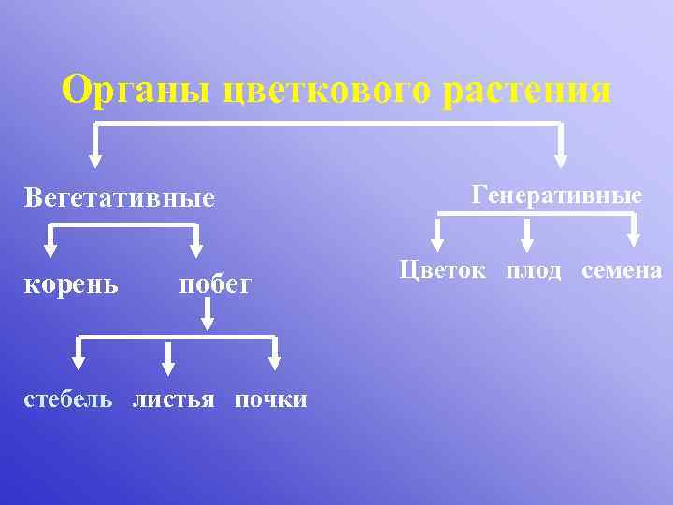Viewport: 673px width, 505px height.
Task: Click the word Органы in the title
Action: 138,91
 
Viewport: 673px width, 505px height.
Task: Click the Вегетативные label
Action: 120,198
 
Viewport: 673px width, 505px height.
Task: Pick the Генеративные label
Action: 557,195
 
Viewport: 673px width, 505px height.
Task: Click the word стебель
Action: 68,399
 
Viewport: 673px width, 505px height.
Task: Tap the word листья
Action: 174,399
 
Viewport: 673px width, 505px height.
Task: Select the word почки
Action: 270,399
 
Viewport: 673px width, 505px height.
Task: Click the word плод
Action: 534,270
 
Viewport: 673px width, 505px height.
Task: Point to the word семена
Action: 622,270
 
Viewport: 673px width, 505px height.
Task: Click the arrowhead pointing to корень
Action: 50,250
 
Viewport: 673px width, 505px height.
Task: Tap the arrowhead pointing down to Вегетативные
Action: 93,158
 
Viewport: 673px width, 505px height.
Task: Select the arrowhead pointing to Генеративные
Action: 561,158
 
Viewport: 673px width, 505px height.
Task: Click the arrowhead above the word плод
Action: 528,246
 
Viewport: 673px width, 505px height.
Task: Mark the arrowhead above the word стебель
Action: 79,362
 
